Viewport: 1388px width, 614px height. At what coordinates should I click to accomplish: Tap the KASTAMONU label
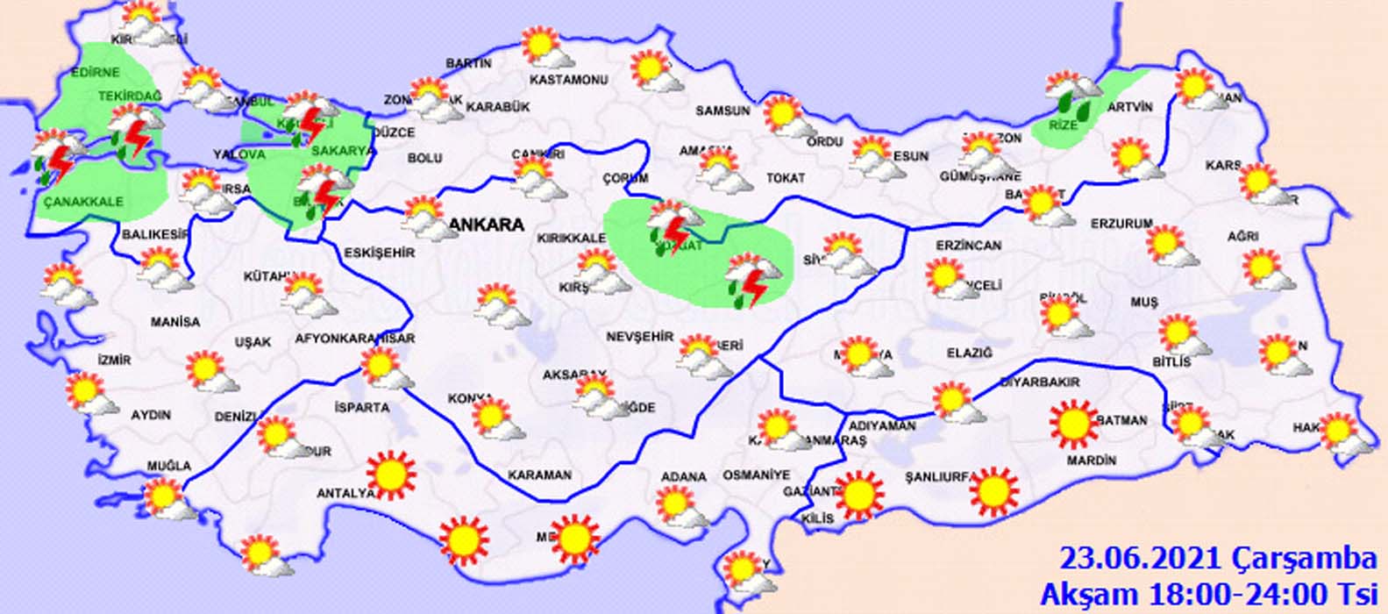pos(569,80)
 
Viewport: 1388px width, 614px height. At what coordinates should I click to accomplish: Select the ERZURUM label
pos(1121,224)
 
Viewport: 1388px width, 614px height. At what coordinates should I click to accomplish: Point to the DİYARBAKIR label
pos(1039,382)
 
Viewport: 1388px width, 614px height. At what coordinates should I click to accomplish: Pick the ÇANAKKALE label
pos(82,201)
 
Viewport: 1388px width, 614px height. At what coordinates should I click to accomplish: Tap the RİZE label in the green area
pos(1064,125)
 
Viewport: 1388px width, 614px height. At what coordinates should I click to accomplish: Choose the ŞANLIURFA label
pos(940,477)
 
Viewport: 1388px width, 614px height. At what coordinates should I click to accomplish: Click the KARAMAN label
pos(539,475)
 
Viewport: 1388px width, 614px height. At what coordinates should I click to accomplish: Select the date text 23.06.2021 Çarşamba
pos(1218,558)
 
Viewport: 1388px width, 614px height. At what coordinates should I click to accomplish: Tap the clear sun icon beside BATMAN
pos(1072,423)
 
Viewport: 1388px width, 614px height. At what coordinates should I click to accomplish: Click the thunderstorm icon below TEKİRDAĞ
pos(135,132)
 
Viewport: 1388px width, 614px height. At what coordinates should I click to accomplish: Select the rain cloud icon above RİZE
pos(1072,93)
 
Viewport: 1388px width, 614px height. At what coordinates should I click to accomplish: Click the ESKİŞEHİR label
pos(379,253)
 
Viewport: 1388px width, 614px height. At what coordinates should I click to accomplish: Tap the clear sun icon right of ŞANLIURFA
pos(994,491)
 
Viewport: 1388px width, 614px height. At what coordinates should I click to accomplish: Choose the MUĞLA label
pos(169,466)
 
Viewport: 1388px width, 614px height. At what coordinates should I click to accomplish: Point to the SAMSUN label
pos(722,111)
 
